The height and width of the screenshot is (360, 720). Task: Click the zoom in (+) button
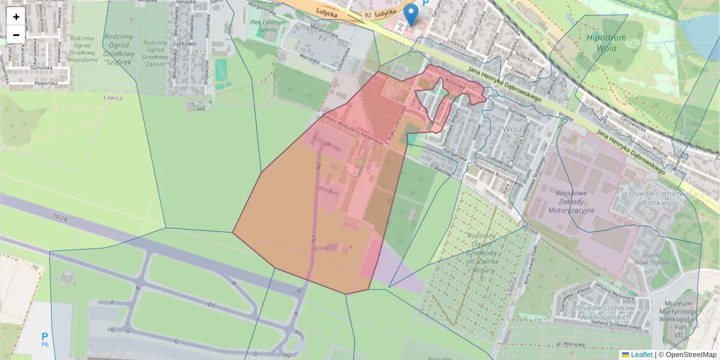tap(16, 17)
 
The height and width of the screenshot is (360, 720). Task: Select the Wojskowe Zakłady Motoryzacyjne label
tap(571, 202)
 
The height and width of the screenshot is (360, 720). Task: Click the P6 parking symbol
tap(44, 340)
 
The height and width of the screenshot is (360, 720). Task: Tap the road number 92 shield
tap(368, 13)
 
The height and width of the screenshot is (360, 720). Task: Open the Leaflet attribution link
tap(641, 355)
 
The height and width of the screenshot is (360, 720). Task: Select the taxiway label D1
tap(211, 305)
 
